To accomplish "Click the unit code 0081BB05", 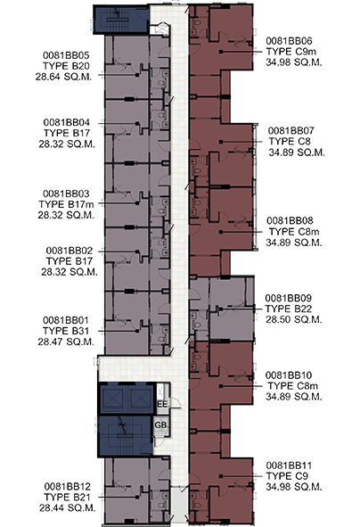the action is (x=66, y=55).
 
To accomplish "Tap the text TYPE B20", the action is (x=66, y=66).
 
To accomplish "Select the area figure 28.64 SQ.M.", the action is (x=63, y=77).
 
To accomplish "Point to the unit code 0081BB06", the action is (x=289, y=41).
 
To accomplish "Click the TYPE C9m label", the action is (x=291, y=52).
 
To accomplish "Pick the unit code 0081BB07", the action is (x=291, y=131).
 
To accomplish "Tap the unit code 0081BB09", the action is (x=288, y=298).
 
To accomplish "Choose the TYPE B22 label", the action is (x=288, y=309).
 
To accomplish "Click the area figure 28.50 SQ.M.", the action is (x=293, y=319).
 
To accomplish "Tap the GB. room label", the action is (x=161, y=425).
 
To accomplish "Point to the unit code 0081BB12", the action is (x=67, y=486).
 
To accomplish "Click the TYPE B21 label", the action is (x=67, y=497).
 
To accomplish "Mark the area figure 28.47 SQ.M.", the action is (x=66, y=342).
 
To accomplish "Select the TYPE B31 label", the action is (x=66, y=331).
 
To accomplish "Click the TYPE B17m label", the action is (x=66, y=204).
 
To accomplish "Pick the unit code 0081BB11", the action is (x=289, y=465).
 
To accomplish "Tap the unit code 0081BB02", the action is (x=70, y=251).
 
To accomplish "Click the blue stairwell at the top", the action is (x=121, y=20).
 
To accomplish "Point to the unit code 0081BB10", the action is (x=289, y=375).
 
